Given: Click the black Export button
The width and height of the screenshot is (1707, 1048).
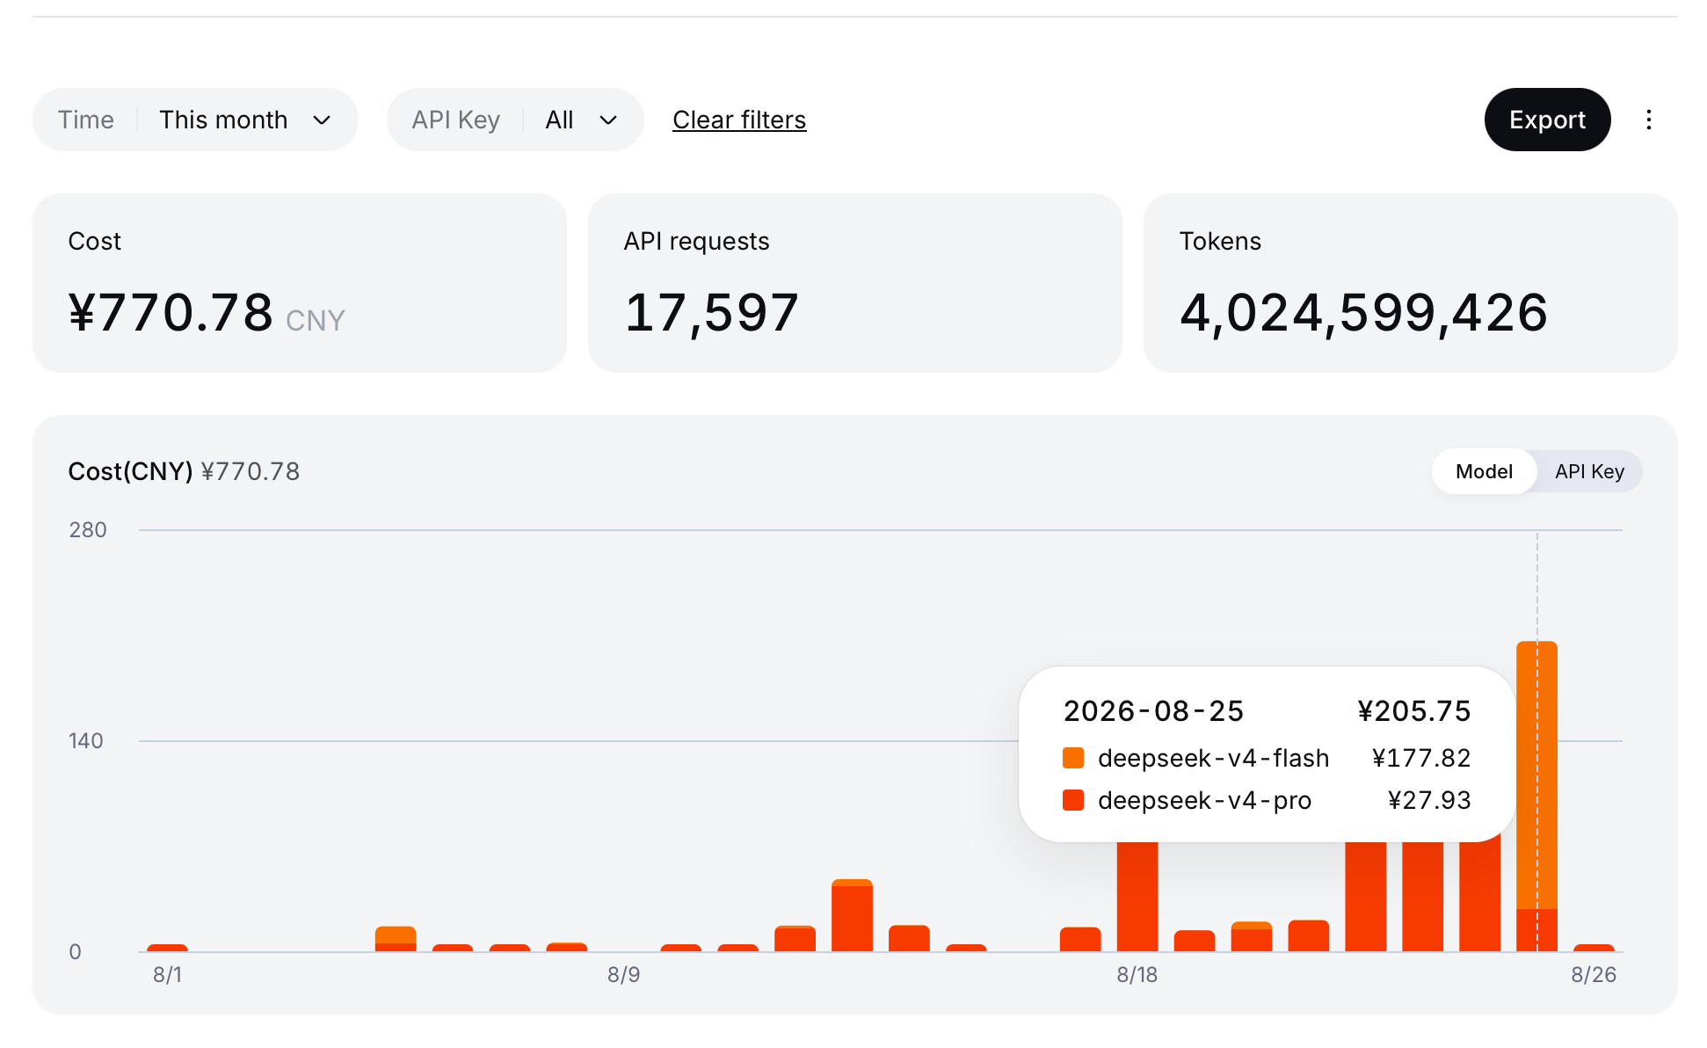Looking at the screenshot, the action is click(x=1547, y=120).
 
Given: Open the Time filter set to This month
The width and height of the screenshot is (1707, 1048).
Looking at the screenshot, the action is click(x=195, y=120).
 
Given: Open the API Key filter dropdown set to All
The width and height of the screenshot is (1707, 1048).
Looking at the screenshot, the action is click(x=515, y=120).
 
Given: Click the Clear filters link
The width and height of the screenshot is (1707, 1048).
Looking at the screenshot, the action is click(x=739, y=120).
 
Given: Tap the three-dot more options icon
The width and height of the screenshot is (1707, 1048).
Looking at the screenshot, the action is click(x=1649, y=120).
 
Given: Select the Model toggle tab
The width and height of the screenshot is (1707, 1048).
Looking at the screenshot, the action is click(x=1484, y=471).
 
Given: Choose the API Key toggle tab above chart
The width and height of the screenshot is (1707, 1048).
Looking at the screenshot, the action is click(x=1589, y=471).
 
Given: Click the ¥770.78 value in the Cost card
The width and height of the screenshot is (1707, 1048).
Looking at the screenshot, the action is click(x=171, y=313).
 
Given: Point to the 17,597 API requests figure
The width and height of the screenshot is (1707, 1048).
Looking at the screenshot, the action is click(x=711, y=313).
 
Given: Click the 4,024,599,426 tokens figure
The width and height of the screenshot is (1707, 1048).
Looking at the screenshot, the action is click(x=1363, y=313).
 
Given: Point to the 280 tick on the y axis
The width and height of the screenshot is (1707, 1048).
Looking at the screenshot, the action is click(x=88, y=530).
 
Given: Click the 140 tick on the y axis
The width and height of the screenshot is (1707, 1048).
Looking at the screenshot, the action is click(x=86, y=741).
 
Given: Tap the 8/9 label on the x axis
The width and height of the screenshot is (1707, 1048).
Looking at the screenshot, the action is click(x=623, y=975).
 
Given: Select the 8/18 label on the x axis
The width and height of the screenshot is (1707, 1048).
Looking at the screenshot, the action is click(x=1137, y=975).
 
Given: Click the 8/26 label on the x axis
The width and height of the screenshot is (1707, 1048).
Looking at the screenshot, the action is click(x=1594, y=975).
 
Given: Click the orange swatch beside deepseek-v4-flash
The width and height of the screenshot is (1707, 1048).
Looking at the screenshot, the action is click(x=1073, y=758).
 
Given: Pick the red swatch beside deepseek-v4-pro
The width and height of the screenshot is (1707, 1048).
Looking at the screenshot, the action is click(x=1073, y=800).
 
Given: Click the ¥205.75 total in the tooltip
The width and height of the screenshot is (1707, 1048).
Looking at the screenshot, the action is click(x=1414, y=711).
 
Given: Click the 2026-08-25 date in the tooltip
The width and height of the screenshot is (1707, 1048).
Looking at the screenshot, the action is click(x=1153, y=711).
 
